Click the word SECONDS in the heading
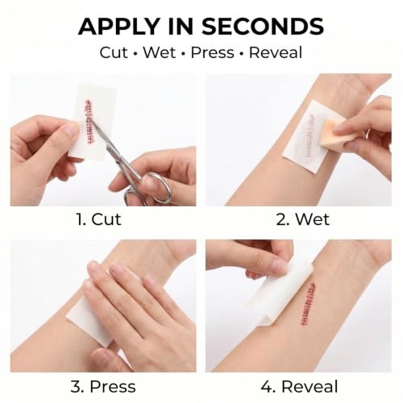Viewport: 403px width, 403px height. [x=263, y=27]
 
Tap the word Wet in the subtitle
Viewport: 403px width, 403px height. [x=159, y=52]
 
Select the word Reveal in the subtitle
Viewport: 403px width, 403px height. [x=276, y=52]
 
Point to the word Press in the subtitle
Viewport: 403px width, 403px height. [x=212, y=52]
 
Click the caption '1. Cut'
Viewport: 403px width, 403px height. [x=99, y=219]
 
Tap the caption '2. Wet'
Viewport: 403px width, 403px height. [x=303, y=219]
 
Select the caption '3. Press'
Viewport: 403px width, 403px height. [x=103, y=387]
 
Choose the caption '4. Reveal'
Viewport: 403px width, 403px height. [x=299, y=387]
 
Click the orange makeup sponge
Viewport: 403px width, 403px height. [x=334, y=135]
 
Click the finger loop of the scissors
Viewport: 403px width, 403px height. [x=159, y=188]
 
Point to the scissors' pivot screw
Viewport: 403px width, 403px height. [x=110, y=147]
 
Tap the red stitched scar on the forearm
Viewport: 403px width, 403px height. [x=309, y=304]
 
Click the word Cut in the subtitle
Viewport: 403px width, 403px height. [x=114, y=52]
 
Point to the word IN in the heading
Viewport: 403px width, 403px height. [x=181, y=27]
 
